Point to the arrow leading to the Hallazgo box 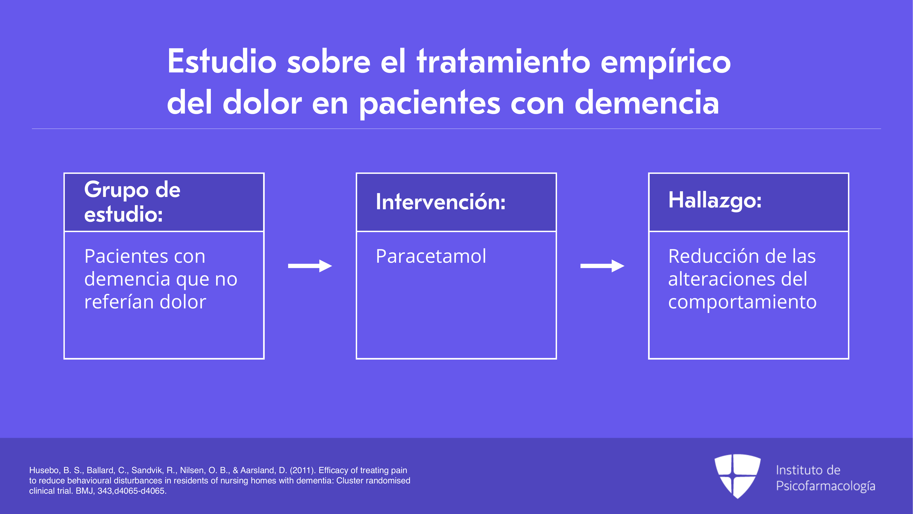click(x=602, y=266)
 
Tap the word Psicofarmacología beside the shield click(x=825, y=486)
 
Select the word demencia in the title click(x=647, y=103)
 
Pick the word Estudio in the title click(x=222, y=61)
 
